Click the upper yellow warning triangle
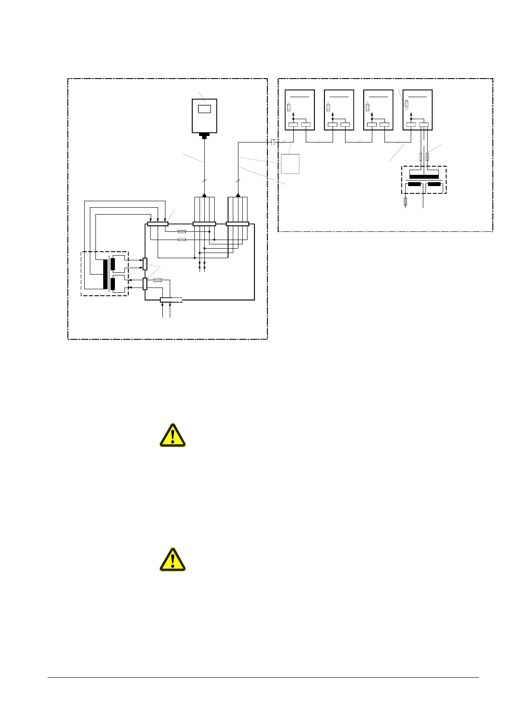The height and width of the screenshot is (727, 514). click(173, 435)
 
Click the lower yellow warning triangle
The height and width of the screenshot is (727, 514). click(173, 560)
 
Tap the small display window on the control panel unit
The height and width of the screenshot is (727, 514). click(204, 109)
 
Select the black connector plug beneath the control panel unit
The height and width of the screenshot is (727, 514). click(204, 136)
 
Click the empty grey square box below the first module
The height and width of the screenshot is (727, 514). click(290, 164)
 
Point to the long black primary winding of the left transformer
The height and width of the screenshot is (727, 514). click(105, 274)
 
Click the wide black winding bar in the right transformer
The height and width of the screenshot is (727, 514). click(424, 177)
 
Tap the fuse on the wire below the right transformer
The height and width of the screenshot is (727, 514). click(405, 201)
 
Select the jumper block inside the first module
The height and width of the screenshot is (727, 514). click(289, 107)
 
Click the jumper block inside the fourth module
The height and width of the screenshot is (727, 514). click(406, 104)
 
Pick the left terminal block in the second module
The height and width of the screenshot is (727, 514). click(332, 125)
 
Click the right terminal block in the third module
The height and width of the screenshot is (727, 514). click(384, 125)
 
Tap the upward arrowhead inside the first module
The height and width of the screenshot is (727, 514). click(293, 114)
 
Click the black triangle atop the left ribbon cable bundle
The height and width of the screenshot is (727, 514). click(204, 195)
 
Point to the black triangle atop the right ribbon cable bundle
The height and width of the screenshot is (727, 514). click(238, 195)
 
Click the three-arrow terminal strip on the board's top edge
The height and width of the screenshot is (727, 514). click(158, 224)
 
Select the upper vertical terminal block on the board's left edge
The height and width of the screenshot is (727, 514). click(145, 264)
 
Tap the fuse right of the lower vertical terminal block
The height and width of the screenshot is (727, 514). click(158, 280)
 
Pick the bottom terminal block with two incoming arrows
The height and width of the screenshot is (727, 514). click(166, 300)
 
